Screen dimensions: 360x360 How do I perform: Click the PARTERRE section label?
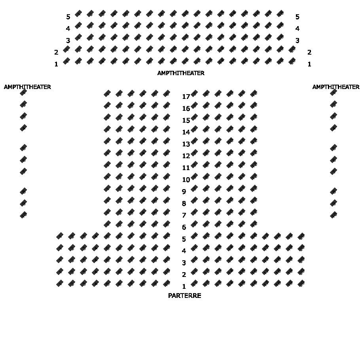tap(185, 296)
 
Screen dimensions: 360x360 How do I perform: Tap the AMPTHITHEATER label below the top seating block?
tap(181, 73)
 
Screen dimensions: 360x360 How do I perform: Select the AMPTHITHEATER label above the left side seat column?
tap(27, 87)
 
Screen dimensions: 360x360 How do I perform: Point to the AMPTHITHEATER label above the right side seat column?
tap(335, 87)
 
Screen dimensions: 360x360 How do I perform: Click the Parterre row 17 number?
tap(186, 97)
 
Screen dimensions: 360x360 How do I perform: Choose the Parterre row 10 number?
tap(186, 180)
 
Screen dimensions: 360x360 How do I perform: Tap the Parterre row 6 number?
tap(184, 227)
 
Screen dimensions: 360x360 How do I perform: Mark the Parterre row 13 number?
tap(186, 144)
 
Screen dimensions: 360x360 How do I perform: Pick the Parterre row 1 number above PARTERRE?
tap(184, 286)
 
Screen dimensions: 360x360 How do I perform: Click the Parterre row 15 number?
tap(186, 120)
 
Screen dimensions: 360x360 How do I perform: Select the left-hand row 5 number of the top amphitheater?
tap(68, 17)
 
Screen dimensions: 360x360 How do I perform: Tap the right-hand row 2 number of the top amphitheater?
tap(309, 52)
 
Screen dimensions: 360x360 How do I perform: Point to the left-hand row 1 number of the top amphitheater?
tap(56, 64)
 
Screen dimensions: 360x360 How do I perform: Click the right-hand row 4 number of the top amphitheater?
tap(297, 28)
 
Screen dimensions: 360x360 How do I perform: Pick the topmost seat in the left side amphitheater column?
tap(23, 92)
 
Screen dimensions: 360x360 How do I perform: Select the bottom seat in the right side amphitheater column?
tap(333, 215)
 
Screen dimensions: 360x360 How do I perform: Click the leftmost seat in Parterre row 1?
tap(60, 283)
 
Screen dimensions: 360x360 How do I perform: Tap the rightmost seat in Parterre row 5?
tap(301, 236)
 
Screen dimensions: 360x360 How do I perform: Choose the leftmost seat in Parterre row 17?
tap(107, 93)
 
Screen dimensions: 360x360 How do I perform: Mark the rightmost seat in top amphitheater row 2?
tap(292, 49)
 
